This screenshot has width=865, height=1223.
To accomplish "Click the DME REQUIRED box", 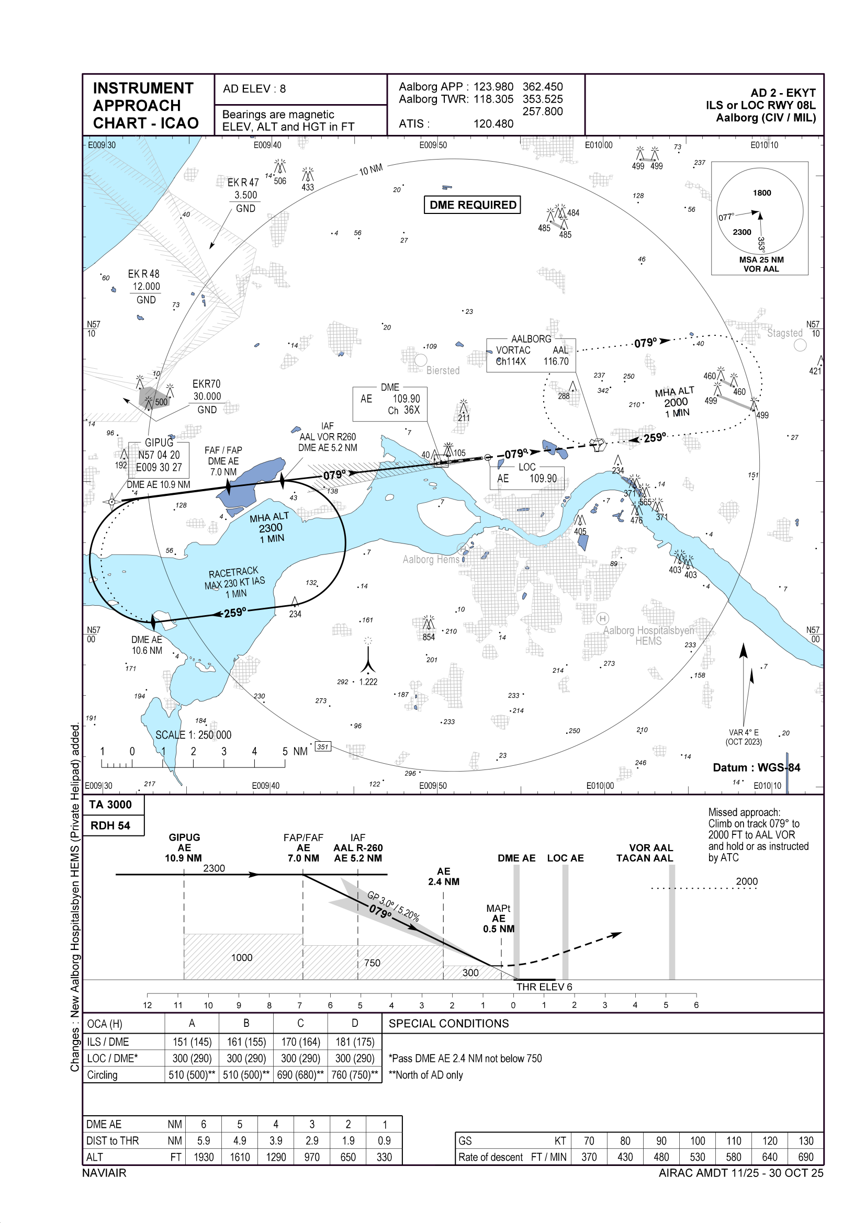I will tap(472, 205).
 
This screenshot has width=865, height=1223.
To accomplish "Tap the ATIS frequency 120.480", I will tap(493, 123).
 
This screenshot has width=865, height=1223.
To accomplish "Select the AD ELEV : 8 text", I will tap(254, 89).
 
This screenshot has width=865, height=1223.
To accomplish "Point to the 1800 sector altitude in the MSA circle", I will tap(761, 193).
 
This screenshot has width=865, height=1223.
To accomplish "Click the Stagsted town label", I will tap(784, 333).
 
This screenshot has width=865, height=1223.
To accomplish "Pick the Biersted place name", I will tap(442, 370).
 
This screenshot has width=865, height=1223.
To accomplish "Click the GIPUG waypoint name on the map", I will tap(159, 443).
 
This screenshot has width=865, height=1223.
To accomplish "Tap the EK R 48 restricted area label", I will tap(143, 274).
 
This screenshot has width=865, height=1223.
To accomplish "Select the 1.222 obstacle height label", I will tap(368, 682).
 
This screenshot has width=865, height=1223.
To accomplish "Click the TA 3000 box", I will tap(110, 805).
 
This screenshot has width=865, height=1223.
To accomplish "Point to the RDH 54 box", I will tap(110, 825).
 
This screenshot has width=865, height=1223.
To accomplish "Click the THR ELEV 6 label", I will tap(544, 987).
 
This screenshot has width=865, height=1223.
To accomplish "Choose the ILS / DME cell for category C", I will tap(300, 1042).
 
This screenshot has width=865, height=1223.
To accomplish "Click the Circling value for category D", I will tap(354, 1075).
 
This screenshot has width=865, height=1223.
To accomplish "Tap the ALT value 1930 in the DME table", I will tap(204, 1157).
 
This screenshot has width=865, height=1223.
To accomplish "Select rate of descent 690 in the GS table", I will tap(805, 1157).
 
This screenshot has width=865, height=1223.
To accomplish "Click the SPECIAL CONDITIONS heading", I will tap(448, 1023).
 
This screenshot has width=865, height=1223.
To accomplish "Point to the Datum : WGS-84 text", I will tap(756, 767).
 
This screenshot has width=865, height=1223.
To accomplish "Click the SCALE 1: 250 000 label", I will tap(193, 735).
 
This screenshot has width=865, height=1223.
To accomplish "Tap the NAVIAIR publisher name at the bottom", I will tap(105, 1173).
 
